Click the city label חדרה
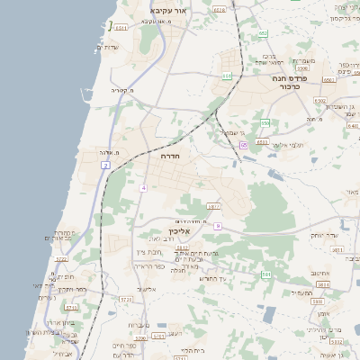click(169, 157)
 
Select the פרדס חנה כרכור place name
click(274, 84)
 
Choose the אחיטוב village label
click(320, 273)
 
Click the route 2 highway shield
click(105, 166)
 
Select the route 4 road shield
click(143, 187)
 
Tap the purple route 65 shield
click(243, 145)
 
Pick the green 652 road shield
click(263, 33)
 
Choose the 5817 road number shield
click(213, 205)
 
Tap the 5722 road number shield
click(61, 259)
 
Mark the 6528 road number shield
click(220, 9)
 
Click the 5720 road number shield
click(126, 298)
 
